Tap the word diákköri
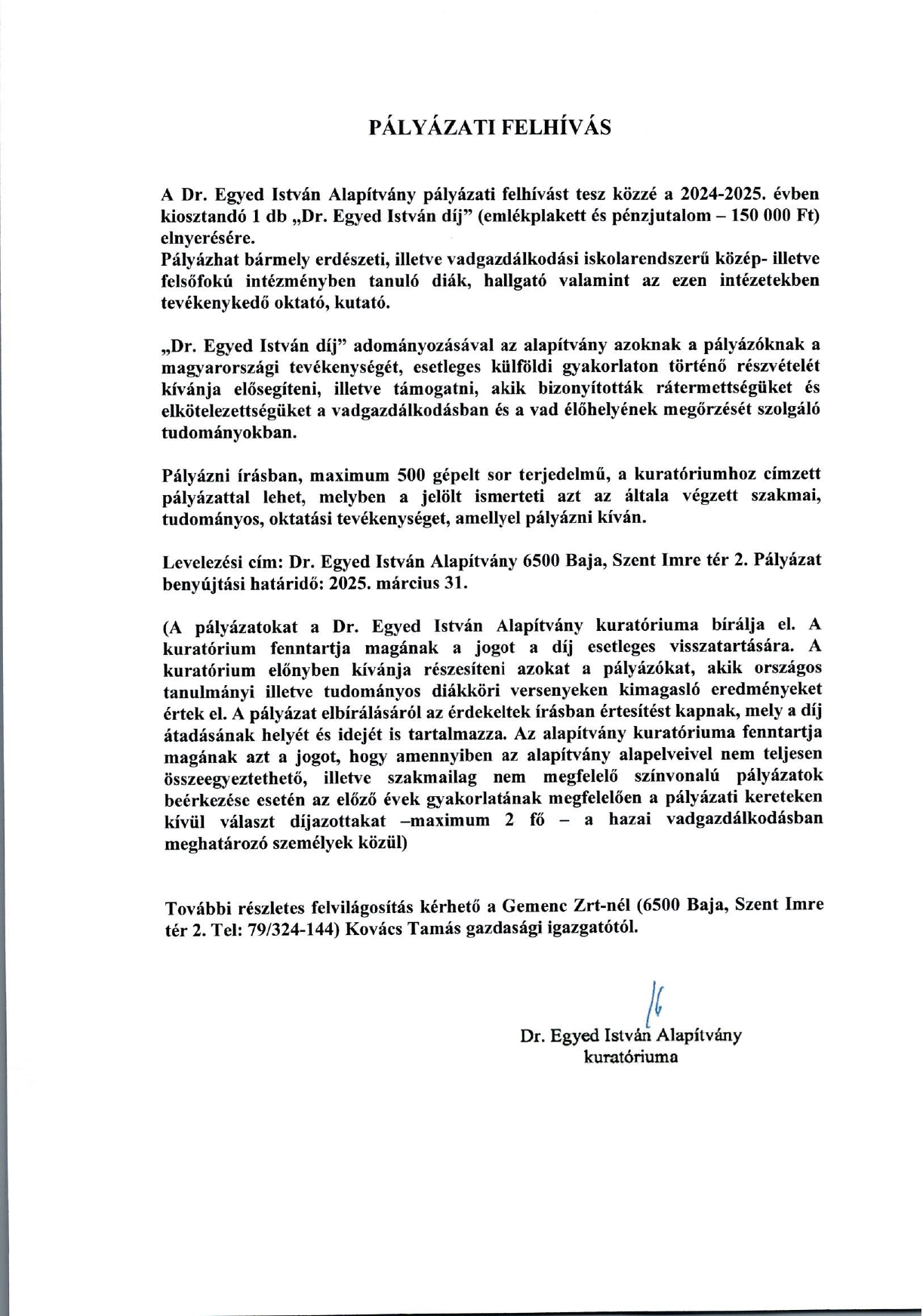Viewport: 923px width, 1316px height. (464, 691)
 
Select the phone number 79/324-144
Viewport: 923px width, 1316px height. (292, 928)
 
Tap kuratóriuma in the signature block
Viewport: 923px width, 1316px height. (631, 1057)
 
